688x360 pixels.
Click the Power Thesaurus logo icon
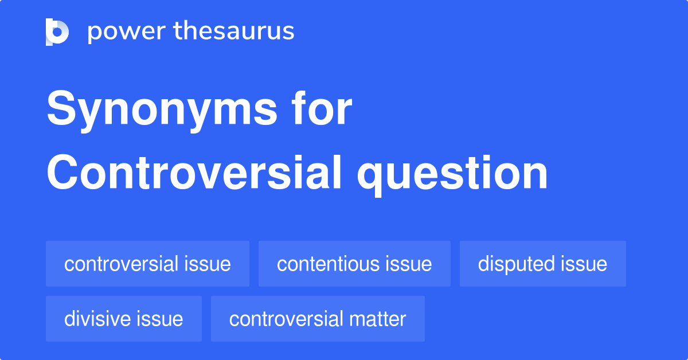point(57,32)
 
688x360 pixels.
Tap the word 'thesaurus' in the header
point(234,32)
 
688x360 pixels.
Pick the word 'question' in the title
point(452,174)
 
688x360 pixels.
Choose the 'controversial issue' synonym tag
point(147,264)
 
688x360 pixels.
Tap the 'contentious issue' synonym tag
point(354,264)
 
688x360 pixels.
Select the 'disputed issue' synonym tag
point(542,264)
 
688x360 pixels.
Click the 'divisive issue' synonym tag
point(123,319)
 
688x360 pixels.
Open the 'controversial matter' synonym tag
point(318,319)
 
